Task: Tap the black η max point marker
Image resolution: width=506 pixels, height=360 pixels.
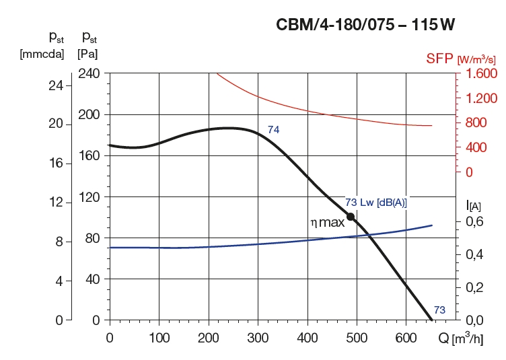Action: click(x=350, y=217)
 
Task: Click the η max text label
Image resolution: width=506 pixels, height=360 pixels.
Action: click(x=327, y=222)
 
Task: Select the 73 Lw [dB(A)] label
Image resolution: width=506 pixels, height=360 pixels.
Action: click(x=376, y=202)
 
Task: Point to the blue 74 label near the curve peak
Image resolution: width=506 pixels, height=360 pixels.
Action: click(x=273, y=129)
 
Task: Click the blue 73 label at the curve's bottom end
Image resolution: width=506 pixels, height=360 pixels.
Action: click(x=439, y=310)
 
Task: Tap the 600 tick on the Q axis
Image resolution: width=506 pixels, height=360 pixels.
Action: click(x=406, y=335)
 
